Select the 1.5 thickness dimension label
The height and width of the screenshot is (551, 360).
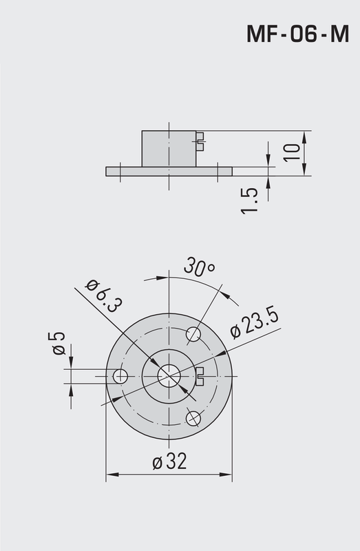tap(251, 200)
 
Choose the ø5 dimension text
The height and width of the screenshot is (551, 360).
tap(59, 342)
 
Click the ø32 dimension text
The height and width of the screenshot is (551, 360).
tap(169, 462)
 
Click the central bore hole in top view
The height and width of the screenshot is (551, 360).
tap(169, 375)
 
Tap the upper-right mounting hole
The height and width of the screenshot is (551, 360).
tap(193, 335)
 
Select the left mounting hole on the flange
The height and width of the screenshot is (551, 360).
tap(121, 375)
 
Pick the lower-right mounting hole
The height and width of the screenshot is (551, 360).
tap(193, 417)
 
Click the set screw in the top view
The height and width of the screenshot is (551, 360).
tap(200, 375)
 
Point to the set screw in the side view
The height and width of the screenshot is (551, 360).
tap(200, 141)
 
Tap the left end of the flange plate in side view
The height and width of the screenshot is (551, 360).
tap(108, 170)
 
